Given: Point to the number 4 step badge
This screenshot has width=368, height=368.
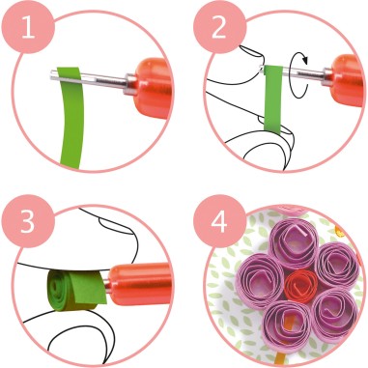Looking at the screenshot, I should pos(215,219).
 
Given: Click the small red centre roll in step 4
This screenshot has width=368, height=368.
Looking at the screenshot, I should pos(300,287).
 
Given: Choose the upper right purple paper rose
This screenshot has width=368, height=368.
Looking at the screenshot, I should pos(337,261).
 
